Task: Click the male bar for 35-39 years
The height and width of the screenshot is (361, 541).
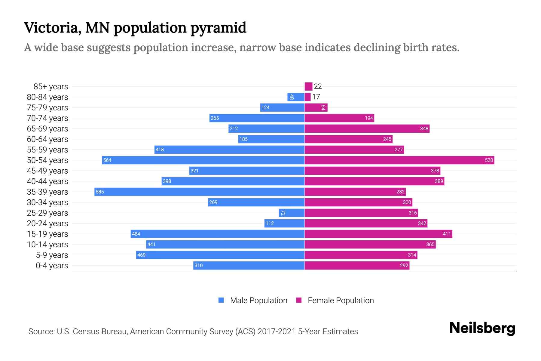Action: [x=199, y=192]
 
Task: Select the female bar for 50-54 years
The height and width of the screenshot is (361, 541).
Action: [x=399, y=160]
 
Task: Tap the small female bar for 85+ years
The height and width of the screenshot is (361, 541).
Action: [x=308, y=86]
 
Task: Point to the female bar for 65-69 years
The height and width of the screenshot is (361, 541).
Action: [x=367, y=128]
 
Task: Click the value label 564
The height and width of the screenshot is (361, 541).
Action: [x=107, y=160]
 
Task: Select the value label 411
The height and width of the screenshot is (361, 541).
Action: [x=447, y=234]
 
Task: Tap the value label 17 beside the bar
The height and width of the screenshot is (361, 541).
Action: [x=316, y=97]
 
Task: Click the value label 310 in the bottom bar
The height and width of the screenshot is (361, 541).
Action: [x=198, y=265]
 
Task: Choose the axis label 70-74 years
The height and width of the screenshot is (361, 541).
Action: [x=47, y=118]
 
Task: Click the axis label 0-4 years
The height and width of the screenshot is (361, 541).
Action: [x=52, y=265]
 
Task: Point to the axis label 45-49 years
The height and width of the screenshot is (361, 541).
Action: [x=47, y=171]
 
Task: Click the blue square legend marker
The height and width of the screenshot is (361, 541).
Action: [x=221, y=300]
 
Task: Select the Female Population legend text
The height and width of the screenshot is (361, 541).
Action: [x=341, y=300]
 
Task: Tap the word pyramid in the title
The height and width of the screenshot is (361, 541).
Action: [x=218, y=28]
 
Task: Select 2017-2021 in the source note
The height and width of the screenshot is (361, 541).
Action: [x=277, y=331]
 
